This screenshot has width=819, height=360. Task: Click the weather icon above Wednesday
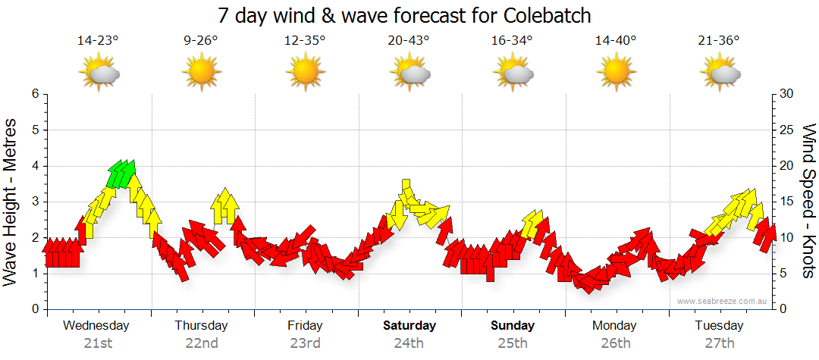pos(99,74)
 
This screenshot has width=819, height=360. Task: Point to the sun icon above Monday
pos(615,74)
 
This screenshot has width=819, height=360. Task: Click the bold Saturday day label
pos(409,326)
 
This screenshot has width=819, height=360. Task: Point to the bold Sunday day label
pos(513,326)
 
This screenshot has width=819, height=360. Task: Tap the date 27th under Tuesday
pos(719,343)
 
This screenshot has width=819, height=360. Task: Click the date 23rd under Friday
pos(305,343)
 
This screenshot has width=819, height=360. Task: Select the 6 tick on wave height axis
pos(34,94)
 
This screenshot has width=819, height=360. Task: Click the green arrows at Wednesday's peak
pos(121,174)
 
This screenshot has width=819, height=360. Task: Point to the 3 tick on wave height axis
pos(34,202)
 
